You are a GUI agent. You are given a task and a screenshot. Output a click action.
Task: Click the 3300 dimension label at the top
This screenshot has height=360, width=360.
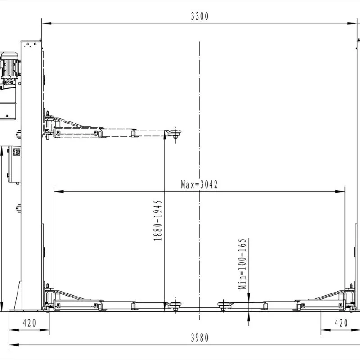[x=200, y=16]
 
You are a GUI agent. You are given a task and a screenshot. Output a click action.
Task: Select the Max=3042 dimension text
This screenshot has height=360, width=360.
[x=199, y=184]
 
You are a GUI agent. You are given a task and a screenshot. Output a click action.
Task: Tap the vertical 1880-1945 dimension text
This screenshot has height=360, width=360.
[x=158, y=220]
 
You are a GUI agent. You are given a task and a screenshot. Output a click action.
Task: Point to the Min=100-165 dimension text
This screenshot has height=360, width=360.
[x=242, y=264]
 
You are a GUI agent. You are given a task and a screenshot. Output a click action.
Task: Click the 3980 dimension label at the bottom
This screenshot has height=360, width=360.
[x=200, y=338]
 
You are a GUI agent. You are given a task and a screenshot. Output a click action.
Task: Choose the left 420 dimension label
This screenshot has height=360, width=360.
[x=29, y=323]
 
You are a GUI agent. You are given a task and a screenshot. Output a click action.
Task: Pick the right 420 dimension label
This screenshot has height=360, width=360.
[x=341, y=323]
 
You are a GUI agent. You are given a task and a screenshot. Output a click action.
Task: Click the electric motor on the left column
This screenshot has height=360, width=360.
[x=9, y=65]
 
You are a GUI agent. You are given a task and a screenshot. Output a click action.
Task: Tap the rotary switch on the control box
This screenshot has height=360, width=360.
[x=17, y=152]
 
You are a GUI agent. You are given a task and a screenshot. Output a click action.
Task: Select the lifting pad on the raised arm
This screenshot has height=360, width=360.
[x=173, y=132]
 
